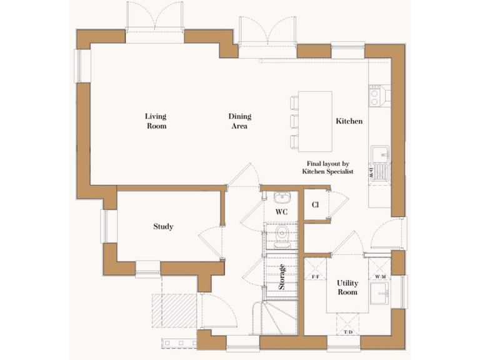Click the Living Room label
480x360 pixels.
(156, 121)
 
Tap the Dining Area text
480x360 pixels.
(239, 121)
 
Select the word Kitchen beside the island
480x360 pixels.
(349, 121)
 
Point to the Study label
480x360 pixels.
(163, 226)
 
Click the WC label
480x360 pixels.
(281, 212)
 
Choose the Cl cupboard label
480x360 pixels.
(316, 204)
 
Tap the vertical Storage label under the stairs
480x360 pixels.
(282, 276)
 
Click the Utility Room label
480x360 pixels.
(347, 287)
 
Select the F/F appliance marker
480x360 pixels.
(316, 276)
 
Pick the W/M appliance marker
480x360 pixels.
(380, 276)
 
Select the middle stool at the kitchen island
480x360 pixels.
(294, 120)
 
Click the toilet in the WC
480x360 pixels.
(281, 233)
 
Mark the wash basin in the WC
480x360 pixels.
(281, 199)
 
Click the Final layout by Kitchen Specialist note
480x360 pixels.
(327, 167)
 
